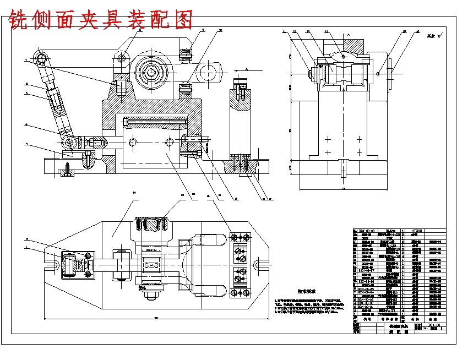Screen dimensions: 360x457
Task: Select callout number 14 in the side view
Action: [x=326, y=32]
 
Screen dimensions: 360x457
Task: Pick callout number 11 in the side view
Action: [x=285, y=32]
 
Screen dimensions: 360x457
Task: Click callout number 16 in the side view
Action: [x=417, y=32]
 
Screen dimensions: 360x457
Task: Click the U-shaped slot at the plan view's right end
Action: [x=258, y=265]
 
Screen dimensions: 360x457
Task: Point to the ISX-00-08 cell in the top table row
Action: [x=367, y=231]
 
